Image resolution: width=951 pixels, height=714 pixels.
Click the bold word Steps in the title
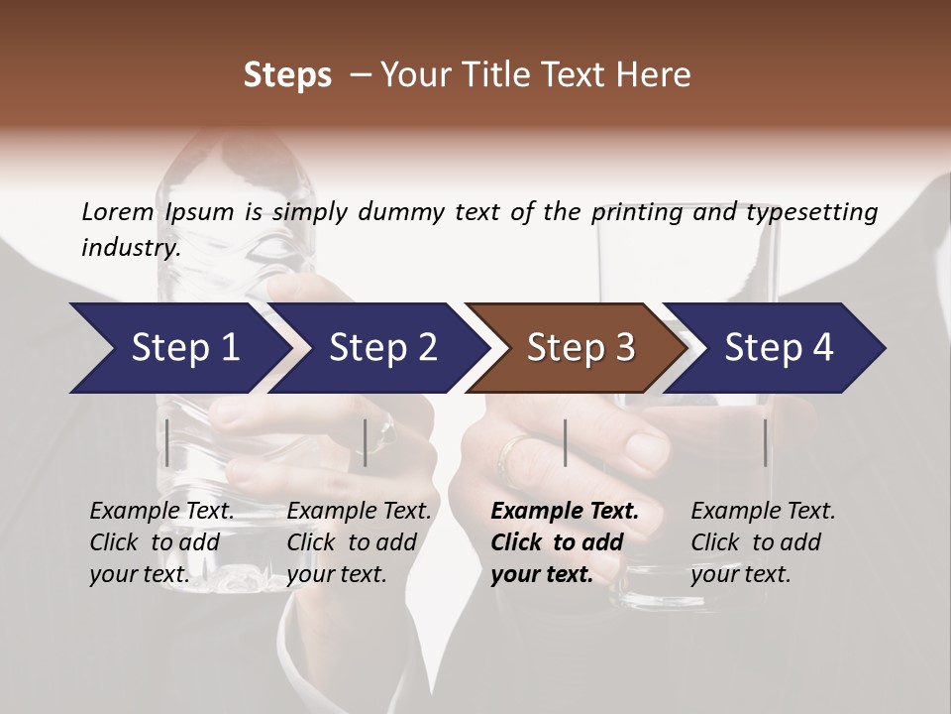287,75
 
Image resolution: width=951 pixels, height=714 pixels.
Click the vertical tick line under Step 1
167,442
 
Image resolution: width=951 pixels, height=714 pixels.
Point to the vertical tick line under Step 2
366,442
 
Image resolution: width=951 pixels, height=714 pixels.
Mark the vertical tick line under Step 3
565,442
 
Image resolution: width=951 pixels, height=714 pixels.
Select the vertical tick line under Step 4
765,442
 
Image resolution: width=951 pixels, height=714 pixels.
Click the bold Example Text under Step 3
565,512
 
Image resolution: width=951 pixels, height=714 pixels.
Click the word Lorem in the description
117,212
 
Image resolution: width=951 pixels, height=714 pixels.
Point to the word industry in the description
130,247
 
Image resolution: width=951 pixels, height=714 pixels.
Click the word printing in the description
636,212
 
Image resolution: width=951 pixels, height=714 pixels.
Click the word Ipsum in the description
199,212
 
